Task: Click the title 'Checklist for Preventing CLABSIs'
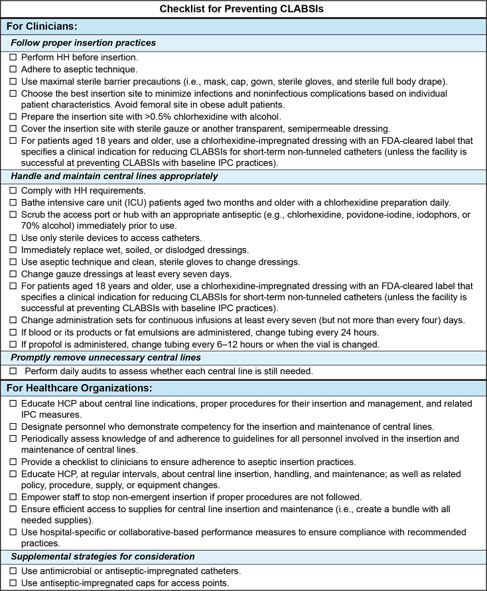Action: point(243,10)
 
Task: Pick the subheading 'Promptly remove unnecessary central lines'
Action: point(110,356)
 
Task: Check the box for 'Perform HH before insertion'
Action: point(13,58)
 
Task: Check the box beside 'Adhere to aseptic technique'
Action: point(13,69)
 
